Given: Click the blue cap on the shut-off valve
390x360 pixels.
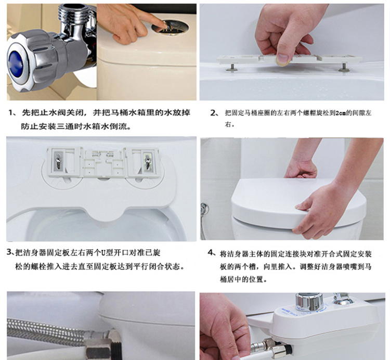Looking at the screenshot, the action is coord(16,63).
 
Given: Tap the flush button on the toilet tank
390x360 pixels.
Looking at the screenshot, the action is coord(171,28).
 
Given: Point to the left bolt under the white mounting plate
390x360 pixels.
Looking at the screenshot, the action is coord(231,67).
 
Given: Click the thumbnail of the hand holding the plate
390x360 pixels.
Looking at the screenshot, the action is coord(292,52).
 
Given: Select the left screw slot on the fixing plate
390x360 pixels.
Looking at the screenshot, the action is coord(58,162).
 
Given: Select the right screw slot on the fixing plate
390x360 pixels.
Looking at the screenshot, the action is coord(148,161).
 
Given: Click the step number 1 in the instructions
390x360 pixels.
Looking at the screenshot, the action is coord(11,113).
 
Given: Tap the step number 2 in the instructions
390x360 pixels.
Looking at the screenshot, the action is coord(214,113).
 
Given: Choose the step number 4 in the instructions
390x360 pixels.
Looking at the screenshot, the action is coord(211,253).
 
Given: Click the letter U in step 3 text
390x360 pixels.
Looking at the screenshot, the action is coord(103,253).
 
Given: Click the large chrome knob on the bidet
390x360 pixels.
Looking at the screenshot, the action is coord(309,302).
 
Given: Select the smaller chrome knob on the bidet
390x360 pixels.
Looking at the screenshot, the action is coord(343,299).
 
